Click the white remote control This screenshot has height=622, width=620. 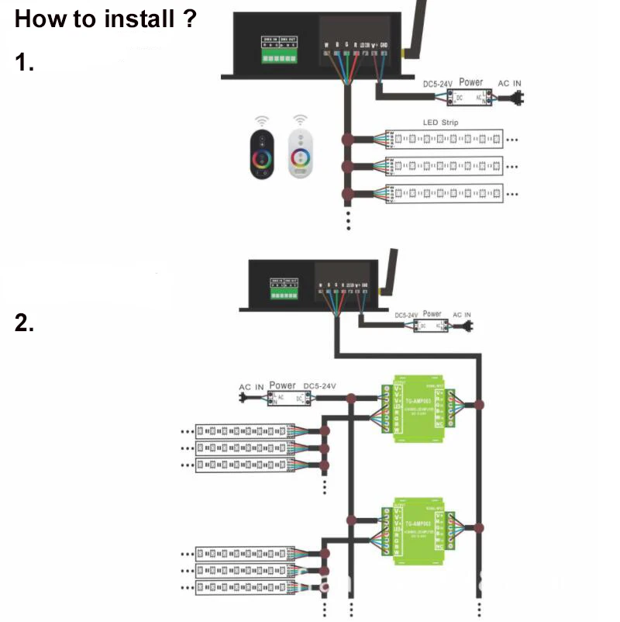coord(298,152)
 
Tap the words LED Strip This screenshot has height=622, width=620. coord(440,123)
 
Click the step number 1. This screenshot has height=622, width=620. coord(25,64)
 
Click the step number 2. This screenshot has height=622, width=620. coord(25,323)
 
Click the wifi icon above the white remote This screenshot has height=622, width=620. coord(299,120)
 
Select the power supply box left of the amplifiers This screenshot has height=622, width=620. coord(291,398)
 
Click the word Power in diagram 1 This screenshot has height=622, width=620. coord(470,81)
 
